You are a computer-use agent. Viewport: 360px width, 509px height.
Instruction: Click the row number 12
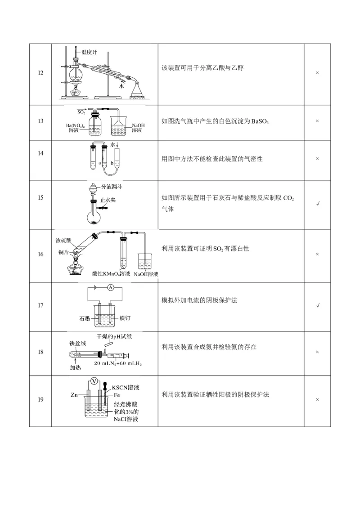(40, 73)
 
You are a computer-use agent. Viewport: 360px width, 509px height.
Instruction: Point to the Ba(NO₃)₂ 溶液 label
(75, 127)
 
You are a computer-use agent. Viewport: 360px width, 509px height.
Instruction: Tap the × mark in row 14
(317, 159)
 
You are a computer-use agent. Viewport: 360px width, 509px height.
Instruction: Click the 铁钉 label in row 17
(125, 318)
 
